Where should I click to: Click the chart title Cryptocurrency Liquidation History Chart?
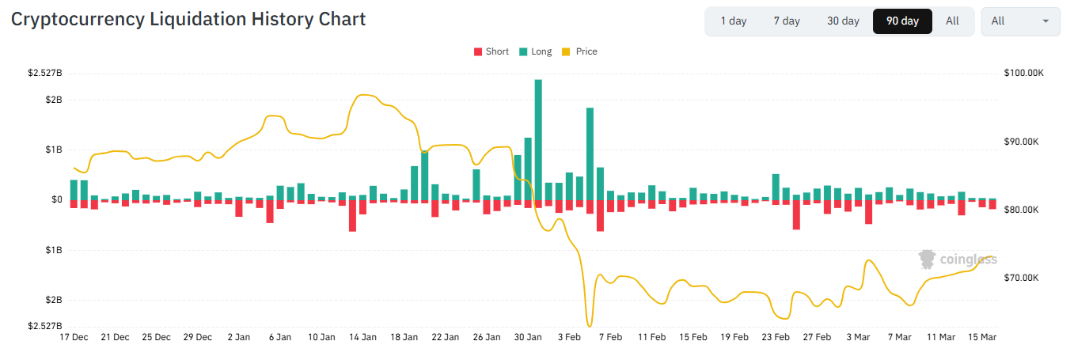tap(188, 20)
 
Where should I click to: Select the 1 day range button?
tap(733, 21)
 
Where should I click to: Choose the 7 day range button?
tap(787, 21)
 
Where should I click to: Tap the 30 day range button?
tap(843, 21)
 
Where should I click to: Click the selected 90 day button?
tap(902, 21)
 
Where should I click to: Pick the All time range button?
tap(952, 21)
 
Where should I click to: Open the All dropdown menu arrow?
tap(1046, 21)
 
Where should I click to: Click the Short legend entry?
tap(491, 51)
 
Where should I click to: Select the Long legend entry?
tap(536, 51)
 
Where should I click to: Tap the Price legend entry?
tap(580, 51)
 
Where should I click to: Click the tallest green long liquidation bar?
tap(538, 139)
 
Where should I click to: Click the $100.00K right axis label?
tap(1024, 74)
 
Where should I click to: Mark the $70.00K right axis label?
tap(1022, 279)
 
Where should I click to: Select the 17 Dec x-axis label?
tap(74, 337)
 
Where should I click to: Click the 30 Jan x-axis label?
tap(528, 337)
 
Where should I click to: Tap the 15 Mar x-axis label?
tap(982, 337)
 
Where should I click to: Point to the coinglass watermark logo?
tap(957, 259)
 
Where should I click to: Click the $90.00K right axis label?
tap(1022, 142)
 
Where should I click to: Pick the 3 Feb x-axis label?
tap(569, 337)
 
